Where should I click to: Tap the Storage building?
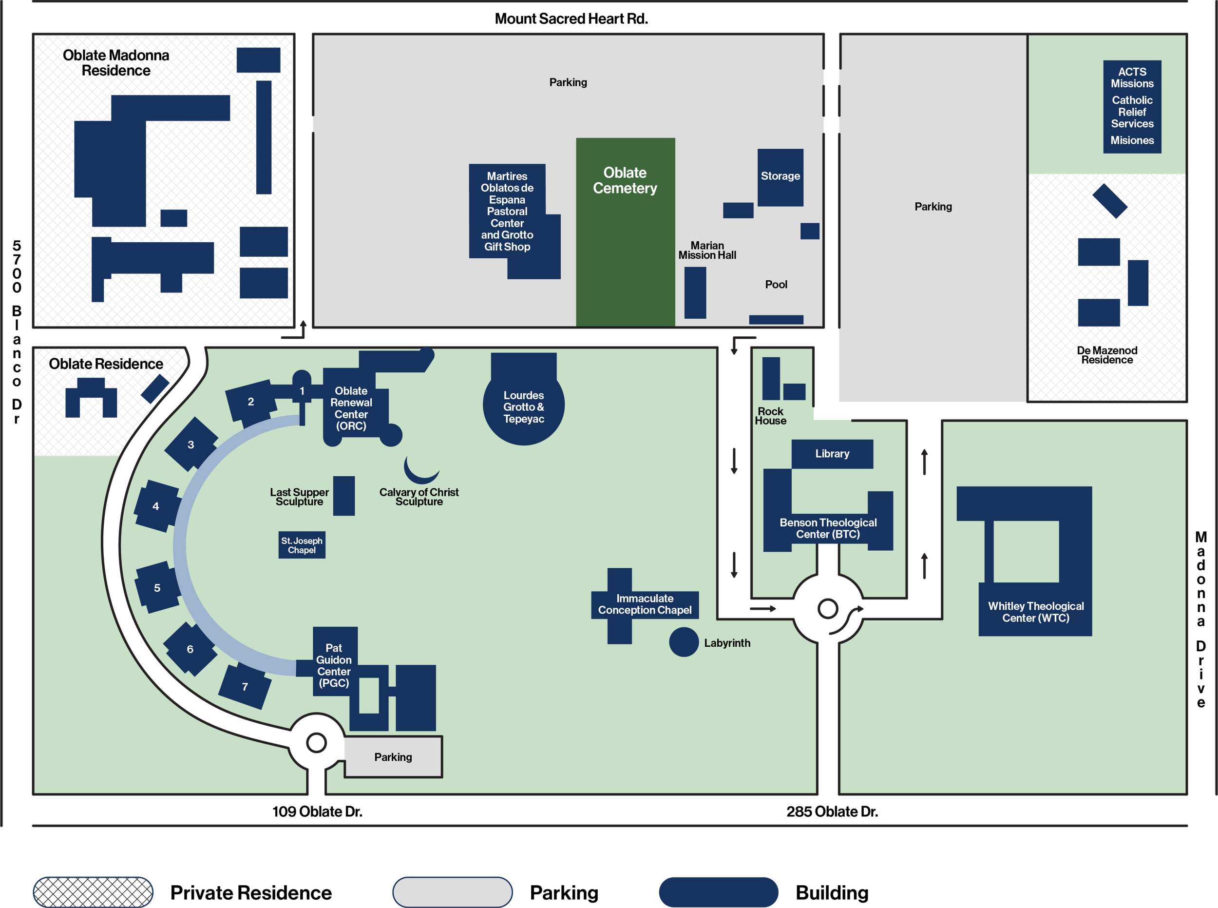pos(780,177)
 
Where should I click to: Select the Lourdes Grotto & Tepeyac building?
pos(524,407)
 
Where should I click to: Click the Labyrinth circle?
pos(684,642)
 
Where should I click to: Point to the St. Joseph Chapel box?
pos(302,545)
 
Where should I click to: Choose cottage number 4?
pos(156,506)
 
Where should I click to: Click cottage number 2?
pos(251,402)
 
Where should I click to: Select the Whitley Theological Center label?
pos(1036,612)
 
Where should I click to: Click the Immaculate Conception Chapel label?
pos(645,604)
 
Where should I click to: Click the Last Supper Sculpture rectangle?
pos(344,496)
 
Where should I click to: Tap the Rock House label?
pos(770,416)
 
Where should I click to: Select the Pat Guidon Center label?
pos(334,665)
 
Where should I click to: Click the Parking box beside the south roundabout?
pos(393,757)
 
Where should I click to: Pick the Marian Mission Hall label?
pos(707,250)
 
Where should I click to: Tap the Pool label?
pos(776,284)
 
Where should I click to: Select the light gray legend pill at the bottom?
pos(452,891)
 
